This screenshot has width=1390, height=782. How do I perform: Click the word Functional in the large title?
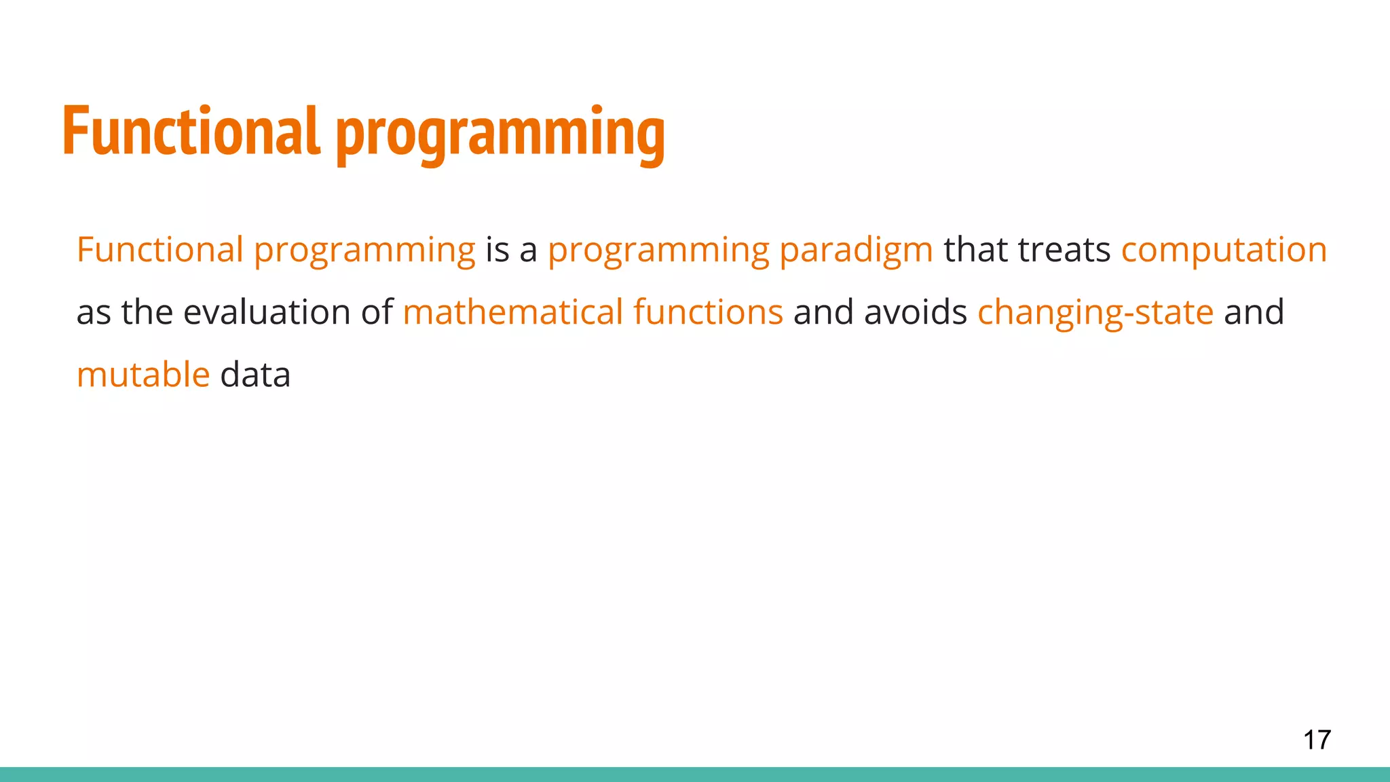pos(190,131)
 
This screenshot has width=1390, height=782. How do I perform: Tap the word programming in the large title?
pos(500,134)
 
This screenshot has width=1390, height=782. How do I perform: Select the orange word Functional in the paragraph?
pos(159,249)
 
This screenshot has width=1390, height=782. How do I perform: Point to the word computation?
pos(1224,250)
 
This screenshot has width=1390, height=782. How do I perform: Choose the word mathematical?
pos(513,312)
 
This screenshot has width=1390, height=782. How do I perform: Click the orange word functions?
pos(708,312)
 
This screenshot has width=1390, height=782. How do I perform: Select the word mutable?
pos(143,375)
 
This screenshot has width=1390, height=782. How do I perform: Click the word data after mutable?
pos(255,375)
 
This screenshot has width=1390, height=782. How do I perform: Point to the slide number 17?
pos(1317,740)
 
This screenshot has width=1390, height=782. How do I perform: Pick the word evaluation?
pos(267,312)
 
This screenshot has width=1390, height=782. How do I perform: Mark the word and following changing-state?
pos(1254,312)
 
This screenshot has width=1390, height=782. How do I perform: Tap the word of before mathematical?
pos(377,312)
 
